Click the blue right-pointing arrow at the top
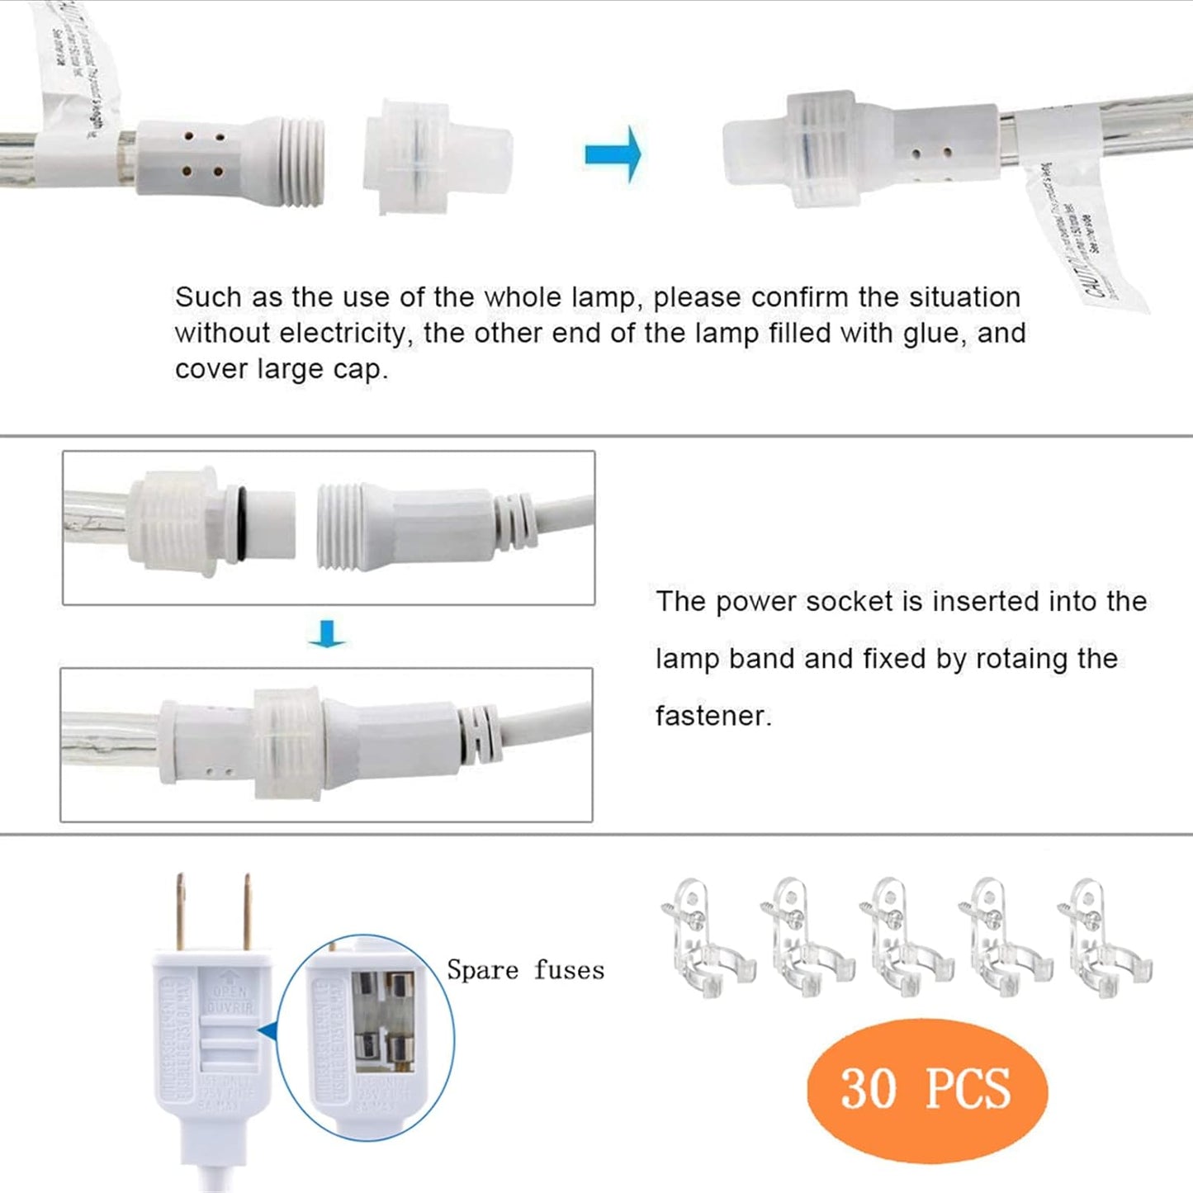(x=612, y=154)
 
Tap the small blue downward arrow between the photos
(x=327, y=633)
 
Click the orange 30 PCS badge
(x=926, y=1089)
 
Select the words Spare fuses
(x=525, y=969)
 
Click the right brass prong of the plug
(x=245, y=911)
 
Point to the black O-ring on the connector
(x=240, y=523)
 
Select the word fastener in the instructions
(x=712, y=716)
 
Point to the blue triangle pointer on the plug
(x=266, y=1030)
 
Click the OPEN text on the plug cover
(x=230, y=992)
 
